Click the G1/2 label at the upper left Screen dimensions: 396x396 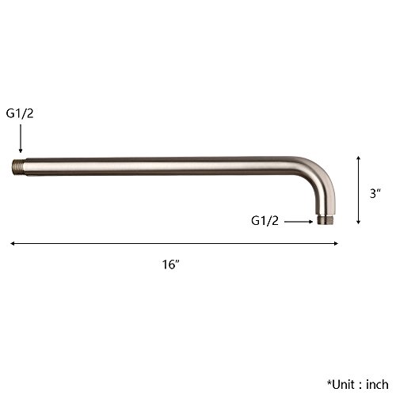point(20,113)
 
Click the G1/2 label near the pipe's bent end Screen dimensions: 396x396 point(265,221)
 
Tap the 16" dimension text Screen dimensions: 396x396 point(171,265)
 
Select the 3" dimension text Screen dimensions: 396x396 point(375,193)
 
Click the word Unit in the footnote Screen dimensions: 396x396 point(343,385)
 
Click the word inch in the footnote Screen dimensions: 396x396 point(377,384)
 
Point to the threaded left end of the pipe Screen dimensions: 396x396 point(17,167)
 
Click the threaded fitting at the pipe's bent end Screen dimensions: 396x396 point(326,220)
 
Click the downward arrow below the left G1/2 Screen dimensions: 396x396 point(21,139)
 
